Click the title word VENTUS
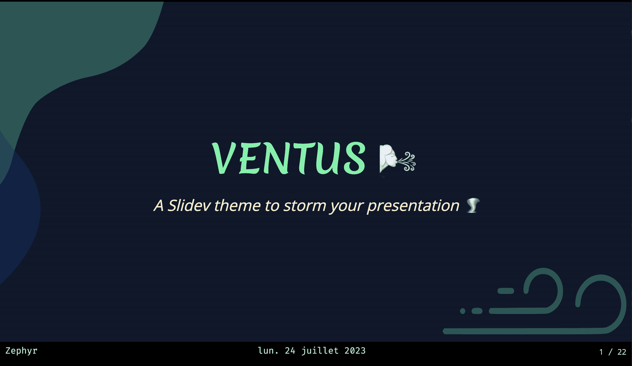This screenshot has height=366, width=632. click(x=289, y=158)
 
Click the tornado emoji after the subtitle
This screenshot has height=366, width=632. click(x=473, y=206)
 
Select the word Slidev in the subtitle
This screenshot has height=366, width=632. click(x=189, y=206)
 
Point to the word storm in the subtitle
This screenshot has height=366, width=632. click(x=305, y=206)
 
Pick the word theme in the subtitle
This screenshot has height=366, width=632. click(x=237, y=206)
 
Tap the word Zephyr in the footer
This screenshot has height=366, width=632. click(x=21, y=351)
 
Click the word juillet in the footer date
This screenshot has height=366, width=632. click(x=320, y=351)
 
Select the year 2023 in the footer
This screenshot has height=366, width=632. click(x=355, y=351)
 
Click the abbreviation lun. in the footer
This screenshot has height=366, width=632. click(x=268, y=351)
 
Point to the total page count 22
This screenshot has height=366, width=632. click(x=622, y=352)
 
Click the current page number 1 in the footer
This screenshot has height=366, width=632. click(x=601, y=352)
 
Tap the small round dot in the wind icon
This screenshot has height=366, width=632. click(x=463, y=311)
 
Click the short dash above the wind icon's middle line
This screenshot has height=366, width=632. click(x=506, y=291)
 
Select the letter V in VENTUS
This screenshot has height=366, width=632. click(x=224, y=158)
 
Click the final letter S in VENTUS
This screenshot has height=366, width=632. click(x=355, y=158)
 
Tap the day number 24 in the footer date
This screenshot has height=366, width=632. click(x=290, y=351)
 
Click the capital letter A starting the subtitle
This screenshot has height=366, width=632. click(x=159, y=206)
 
